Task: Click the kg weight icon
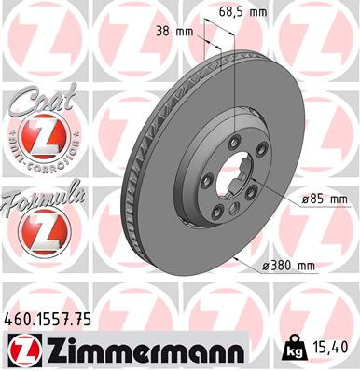(292, 350)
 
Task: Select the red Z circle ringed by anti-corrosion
(39, 139)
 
